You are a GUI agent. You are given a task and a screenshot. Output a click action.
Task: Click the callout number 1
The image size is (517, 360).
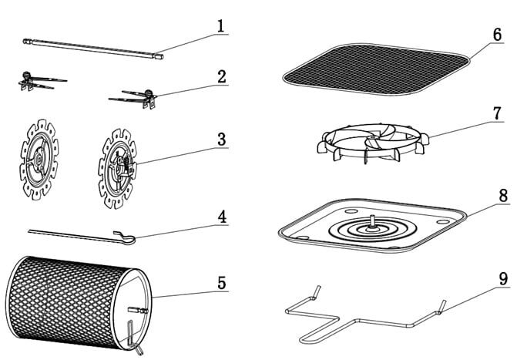[x=220, y=25]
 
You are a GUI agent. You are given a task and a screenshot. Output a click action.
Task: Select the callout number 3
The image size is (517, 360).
[x=221, y=140]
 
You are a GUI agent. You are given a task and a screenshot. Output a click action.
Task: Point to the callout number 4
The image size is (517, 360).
[x=221, y=217]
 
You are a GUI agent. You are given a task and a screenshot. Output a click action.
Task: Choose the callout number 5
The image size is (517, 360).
[x=221, y=282]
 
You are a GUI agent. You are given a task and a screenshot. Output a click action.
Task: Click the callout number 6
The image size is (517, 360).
[x=498, y=36]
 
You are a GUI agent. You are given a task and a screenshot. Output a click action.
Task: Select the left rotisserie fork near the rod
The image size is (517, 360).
[x=39, y=82]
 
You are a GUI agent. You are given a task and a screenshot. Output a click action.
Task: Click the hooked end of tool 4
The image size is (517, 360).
[x=126, y=237]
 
